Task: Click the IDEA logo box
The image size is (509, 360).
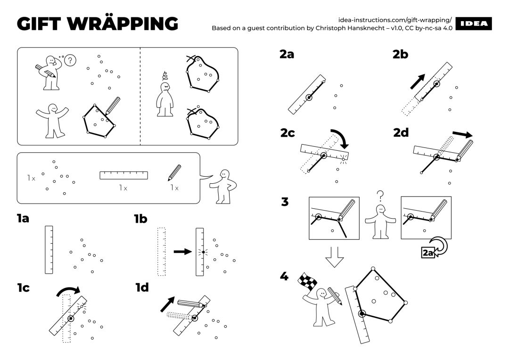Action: pyautogui.click(x=474, y=24)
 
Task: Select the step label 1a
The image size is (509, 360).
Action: pyautogui.click(x=23, y=218)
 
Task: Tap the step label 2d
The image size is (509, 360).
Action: pyautogui.click(x=401, y=133)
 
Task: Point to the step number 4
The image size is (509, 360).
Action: pyautogui.click(x=284, y=276)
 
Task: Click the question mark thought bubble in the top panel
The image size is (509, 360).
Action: pyautogui.click(x=70, y=60)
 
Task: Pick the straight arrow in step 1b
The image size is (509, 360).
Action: pyautogui.click(x=181, y=252)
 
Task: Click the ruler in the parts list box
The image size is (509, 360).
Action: pyautogui.click(x=123, y=175)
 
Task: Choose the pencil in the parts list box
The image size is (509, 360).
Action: pyautogui.click(x=174, y=172)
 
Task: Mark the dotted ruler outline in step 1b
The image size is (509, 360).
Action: pyautogui.click(x=162, y=251)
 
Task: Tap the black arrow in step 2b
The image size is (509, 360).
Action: pyautogui.click(x=418, y=81)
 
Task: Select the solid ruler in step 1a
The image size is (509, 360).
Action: pyautogui.click(x=49, y=250)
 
